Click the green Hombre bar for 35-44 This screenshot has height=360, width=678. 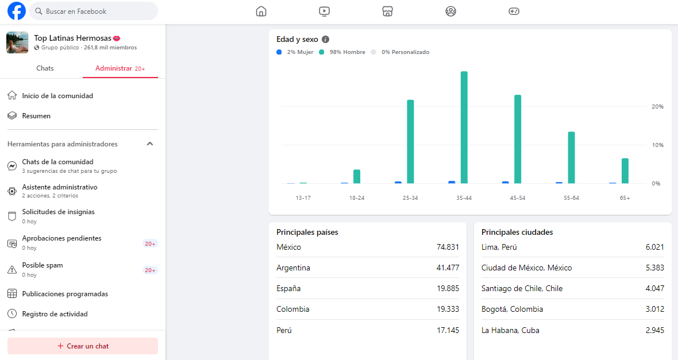[x=464, y=127]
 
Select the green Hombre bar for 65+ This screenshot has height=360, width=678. [x=625, y=171]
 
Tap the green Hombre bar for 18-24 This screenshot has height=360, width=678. [x=357, y=176]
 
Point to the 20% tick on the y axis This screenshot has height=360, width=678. [x=657, y=106]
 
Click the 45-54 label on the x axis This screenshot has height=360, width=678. [x=518, y=198]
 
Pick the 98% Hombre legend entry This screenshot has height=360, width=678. [x=342, y=52]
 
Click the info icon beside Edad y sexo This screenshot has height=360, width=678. [x=326, y=39]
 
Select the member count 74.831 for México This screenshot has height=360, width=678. [x=448, y=247]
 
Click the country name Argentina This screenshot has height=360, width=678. [x=293, y=268]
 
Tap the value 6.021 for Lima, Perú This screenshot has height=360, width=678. [x=654, y=247]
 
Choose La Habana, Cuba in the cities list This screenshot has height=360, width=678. [x=510, y=330]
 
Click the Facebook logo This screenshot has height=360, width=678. [x=17, y=11]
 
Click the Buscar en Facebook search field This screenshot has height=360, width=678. [x=94, y=11]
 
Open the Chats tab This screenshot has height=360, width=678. [x=45, y=68]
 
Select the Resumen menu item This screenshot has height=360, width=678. [x=36, y=116]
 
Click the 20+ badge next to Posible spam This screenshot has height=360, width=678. [x=150, y=270]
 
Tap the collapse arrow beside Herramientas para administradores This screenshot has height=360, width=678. [x=150, y=144]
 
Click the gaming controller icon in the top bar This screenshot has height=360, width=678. [x=514, y=11]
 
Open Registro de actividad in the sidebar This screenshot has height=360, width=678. [x=55, y=313]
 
